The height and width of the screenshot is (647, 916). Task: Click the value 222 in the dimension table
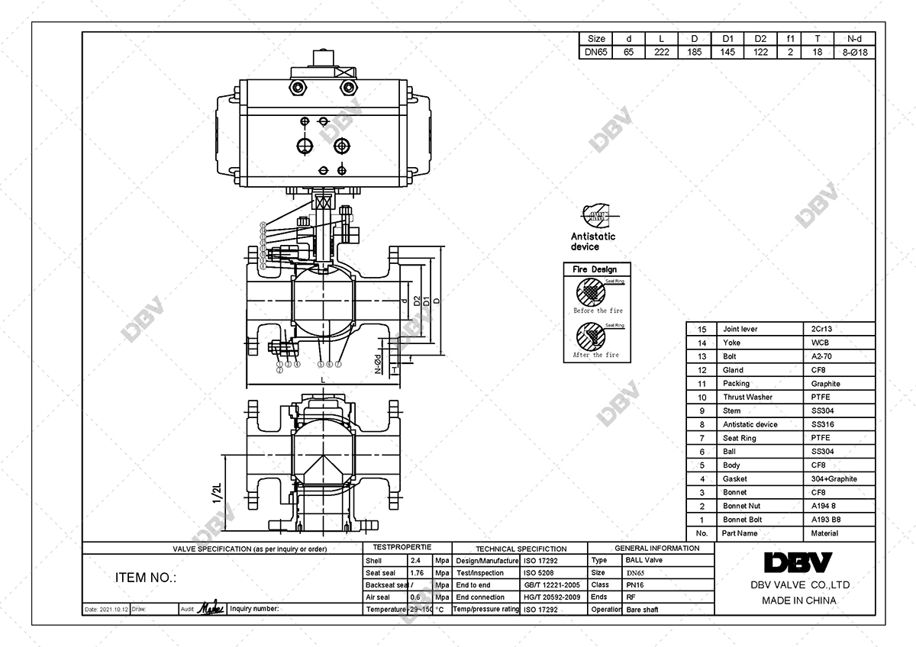coord(662,53)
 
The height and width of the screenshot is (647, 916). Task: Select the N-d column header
coord(855,39)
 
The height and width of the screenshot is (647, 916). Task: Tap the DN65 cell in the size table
coord(596,53)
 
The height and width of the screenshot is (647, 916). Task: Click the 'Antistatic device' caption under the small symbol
coord(592,241)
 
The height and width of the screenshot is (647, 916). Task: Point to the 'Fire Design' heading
coord(595,269)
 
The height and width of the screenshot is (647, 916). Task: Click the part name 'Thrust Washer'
coord(747,397)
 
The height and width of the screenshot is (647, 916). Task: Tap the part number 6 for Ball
coord(702,452)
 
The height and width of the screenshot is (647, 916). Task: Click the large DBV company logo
coord(798,563)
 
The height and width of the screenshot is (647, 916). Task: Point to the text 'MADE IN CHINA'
coord(798,600)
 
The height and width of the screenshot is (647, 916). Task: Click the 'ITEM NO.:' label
coord(145,578)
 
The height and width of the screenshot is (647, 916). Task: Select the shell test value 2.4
coord(416,560)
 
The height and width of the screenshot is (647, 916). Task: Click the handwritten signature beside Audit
coord(211,609)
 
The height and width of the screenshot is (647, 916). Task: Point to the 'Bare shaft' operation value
coord(642,610)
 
